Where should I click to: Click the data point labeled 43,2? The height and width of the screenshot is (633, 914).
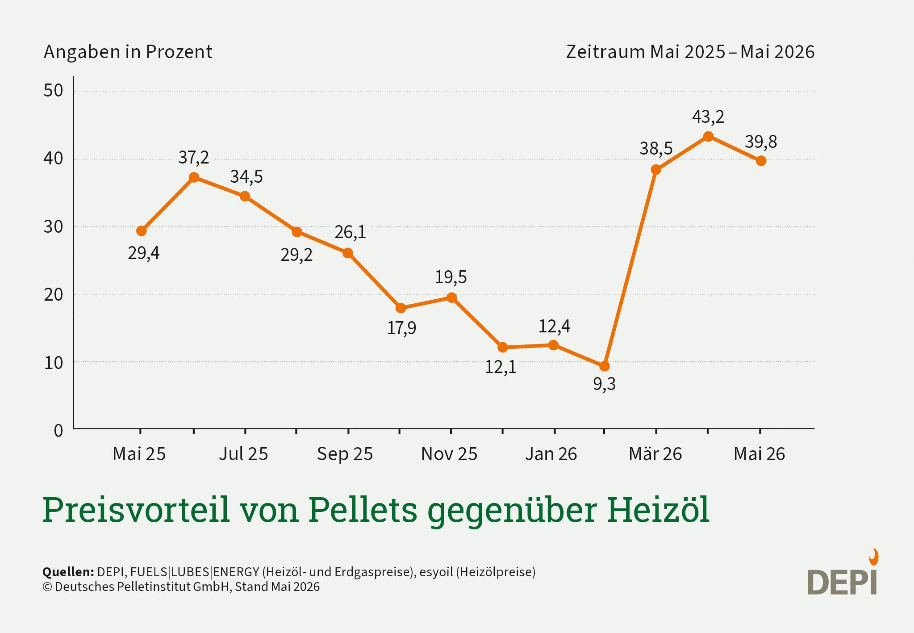point(708,137)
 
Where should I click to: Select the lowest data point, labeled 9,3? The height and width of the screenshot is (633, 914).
point(604,366)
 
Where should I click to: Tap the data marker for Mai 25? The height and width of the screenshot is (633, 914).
point(141,231)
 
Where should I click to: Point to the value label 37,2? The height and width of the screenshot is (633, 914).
point(193,158)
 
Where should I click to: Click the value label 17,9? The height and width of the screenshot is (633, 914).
point(401,328)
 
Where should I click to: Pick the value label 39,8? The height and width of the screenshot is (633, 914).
point(761,142)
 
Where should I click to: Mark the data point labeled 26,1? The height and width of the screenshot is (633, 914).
point(348,253)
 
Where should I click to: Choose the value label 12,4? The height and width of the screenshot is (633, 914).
point(554,327)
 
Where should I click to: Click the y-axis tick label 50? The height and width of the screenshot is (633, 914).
point(53,91)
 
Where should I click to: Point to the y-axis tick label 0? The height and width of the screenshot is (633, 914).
point(58,431)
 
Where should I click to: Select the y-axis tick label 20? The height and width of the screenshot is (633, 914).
point(53,295)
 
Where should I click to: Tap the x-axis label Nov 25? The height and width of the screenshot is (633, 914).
point(449,454)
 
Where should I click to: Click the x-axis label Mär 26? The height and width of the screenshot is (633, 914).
point(655,454)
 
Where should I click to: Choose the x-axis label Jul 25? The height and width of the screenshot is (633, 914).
point(243,454)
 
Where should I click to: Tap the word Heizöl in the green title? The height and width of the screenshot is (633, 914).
point(658,509)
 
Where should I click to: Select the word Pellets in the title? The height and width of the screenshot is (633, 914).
point(363,509)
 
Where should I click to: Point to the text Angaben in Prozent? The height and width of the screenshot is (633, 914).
point(128,52)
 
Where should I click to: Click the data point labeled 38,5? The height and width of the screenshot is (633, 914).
point(656,170)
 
